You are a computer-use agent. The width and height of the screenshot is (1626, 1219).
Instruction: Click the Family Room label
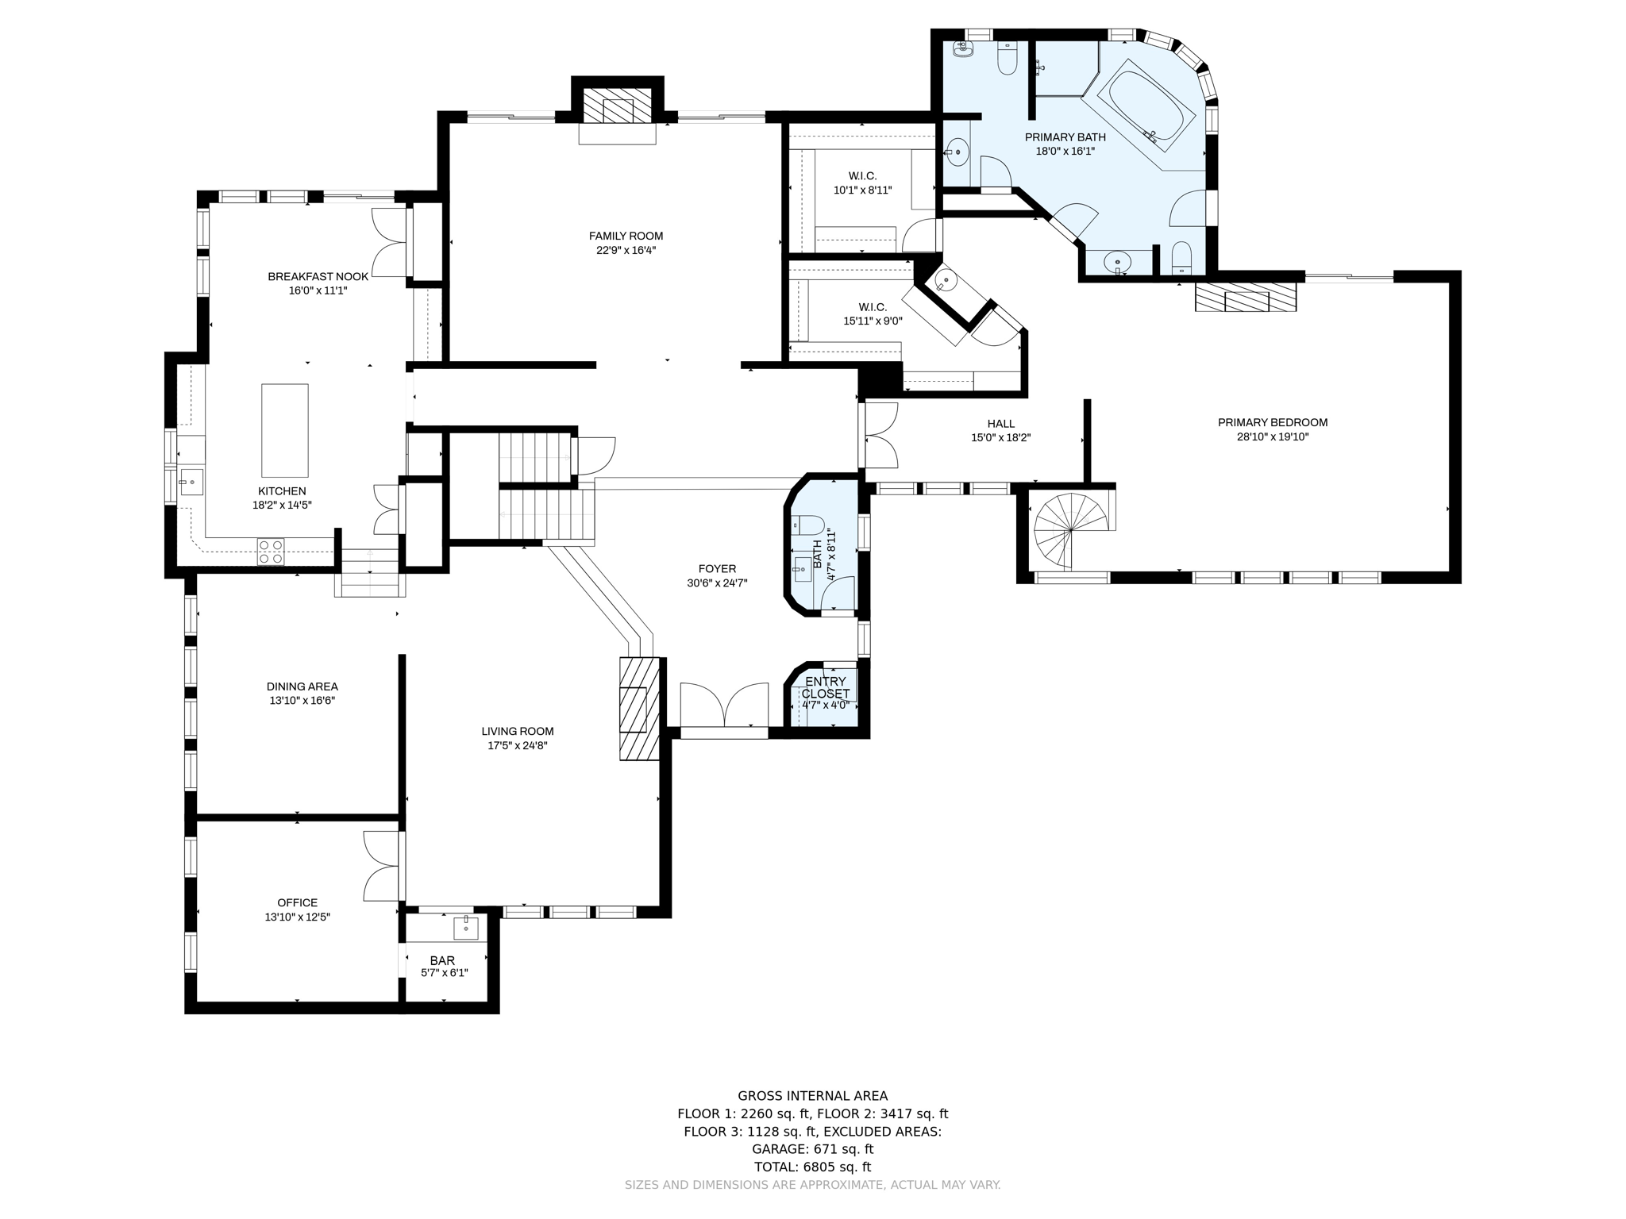626,236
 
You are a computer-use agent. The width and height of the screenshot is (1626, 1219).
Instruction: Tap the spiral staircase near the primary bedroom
1069,530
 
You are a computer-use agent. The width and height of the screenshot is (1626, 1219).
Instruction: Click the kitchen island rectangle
285,430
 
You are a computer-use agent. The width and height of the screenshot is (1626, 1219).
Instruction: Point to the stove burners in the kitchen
271,552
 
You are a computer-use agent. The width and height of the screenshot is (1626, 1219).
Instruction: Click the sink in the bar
465,927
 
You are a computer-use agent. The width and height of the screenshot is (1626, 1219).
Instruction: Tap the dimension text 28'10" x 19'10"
1273,436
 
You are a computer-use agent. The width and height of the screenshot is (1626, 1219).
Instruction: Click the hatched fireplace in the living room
640,708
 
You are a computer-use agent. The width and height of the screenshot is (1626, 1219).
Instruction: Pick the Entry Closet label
826,687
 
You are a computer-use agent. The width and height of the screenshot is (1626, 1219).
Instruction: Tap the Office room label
298,902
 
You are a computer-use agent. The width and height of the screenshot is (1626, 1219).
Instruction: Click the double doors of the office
381,866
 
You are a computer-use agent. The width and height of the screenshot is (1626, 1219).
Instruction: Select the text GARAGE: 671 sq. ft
812,1149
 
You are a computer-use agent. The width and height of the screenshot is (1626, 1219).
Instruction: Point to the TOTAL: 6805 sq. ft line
812,1167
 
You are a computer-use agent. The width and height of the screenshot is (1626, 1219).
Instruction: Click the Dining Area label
302,686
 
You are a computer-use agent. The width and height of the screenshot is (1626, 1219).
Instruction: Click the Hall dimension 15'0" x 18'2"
1000,437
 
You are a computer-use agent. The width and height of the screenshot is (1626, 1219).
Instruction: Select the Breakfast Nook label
318,276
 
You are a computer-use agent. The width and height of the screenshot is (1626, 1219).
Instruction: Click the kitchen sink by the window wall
191,482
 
